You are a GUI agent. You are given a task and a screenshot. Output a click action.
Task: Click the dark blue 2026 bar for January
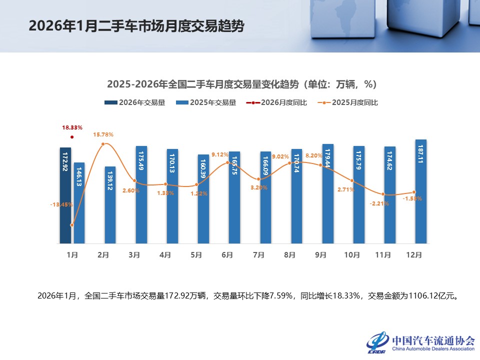65,195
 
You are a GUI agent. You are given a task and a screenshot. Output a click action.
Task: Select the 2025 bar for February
110,205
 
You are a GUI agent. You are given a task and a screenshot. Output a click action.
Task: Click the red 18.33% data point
72,137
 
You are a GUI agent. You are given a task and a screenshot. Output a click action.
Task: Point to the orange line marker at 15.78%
103,144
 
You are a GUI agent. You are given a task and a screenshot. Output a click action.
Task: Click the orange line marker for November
383,194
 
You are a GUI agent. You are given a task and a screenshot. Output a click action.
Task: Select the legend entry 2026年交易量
134,102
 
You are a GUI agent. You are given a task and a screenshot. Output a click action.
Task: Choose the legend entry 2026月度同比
276,102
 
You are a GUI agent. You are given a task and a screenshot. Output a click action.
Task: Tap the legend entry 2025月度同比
349,102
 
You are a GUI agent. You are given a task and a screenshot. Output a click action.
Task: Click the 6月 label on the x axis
227,255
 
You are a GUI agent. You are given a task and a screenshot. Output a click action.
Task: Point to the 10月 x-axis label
351,255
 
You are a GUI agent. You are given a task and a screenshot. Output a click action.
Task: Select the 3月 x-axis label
134,255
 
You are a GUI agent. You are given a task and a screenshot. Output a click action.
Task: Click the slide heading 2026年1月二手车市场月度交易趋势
136,26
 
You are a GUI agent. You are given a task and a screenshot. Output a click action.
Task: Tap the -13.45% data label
61,204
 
